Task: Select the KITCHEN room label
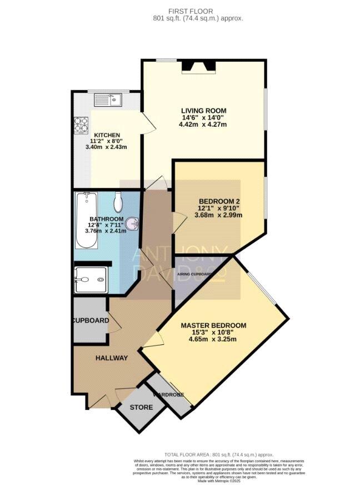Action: [106, 135]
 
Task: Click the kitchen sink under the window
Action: [109, 100]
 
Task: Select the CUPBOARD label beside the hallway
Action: [89, 321]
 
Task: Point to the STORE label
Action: [141, 408]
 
